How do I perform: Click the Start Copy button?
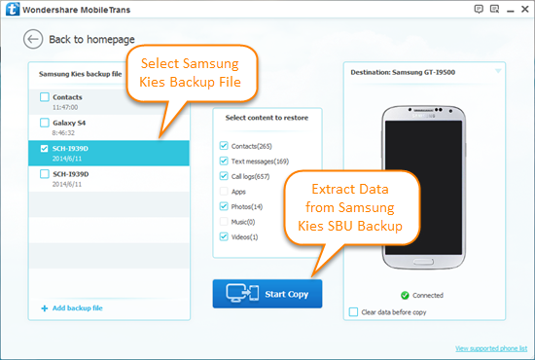coord(267,293)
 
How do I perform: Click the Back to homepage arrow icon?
coord(34,40)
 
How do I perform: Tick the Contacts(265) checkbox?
coord(225,145)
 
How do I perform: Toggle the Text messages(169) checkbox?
coord(225,161)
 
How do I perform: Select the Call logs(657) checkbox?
coord(225,176)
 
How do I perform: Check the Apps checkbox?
coord(225,192)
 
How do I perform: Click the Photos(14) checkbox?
coord(225,207)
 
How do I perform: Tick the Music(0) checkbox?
coord(225,222)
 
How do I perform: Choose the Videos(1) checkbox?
coord(225,237)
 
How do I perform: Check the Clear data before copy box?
coord(353,311)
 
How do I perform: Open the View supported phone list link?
coord(490,347)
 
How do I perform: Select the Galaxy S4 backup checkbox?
coord(45,124)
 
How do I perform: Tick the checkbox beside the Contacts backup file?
coord(45,97)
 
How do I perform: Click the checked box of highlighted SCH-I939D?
coord(45,149)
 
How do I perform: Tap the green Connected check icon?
coord(405,295)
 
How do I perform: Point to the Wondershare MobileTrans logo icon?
coord(13,11)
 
